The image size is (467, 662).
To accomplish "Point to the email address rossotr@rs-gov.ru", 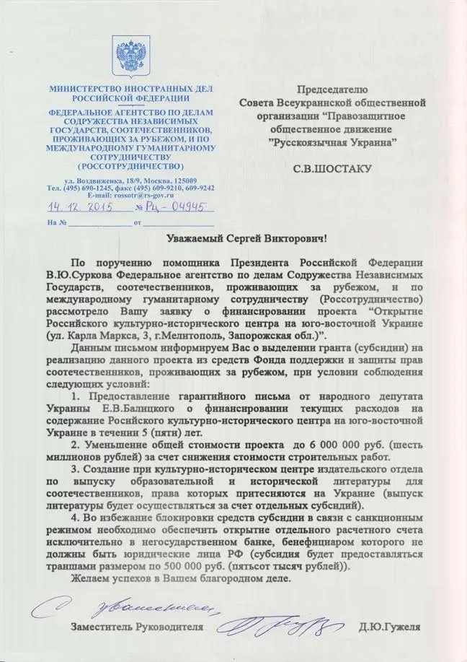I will tap(131, 195).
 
